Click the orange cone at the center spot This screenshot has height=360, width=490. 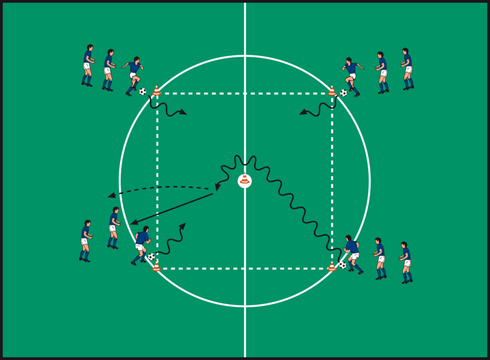click(x=245, y=179)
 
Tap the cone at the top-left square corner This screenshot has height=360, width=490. click(x=157, y=91)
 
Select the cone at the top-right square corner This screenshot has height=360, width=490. click(x=332, y=91)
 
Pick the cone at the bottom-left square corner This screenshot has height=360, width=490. click(x=157, y=265)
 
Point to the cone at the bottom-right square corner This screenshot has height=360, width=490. click(x=332, y=265)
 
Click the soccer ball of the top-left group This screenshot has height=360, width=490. click(x=143, y=92)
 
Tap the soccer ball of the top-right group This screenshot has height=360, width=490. click(x=343, y=93)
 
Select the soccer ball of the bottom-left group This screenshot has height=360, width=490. click(x=151, y=257)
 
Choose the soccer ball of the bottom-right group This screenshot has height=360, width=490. click(x=342, y=265)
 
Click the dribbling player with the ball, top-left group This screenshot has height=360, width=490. click(x=133, y=76)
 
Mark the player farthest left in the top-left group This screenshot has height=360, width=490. click(x=88, y=65)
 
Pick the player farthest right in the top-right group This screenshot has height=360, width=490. click(x=407, y=68)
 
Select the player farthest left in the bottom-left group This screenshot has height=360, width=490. click(x=85, y=240)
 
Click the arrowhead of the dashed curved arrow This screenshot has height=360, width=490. click(x=111, y=194)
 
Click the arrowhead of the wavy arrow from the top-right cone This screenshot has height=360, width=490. click(x=303, y=112)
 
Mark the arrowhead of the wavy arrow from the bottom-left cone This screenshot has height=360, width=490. click(x=183, y=226)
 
